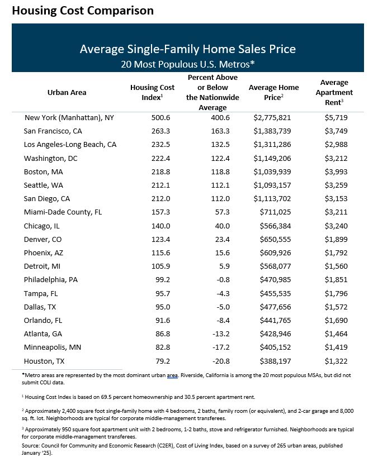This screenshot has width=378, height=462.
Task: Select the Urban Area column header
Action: (67, 92)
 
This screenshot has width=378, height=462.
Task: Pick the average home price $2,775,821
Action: (273, 117)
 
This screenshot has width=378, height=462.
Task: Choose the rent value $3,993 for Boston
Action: (336, 172)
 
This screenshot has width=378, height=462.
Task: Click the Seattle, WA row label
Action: (47, 185)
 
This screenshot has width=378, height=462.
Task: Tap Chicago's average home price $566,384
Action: (278, 226)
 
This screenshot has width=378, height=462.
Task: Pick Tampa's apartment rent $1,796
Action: (336, 293)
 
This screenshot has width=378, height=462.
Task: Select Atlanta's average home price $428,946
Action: (278, 334)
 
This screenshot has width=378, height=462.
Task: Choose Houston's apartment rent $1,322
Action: (336, 361)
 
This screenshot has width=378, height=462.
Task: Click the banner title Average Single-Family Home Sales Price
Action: (188, 49)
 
